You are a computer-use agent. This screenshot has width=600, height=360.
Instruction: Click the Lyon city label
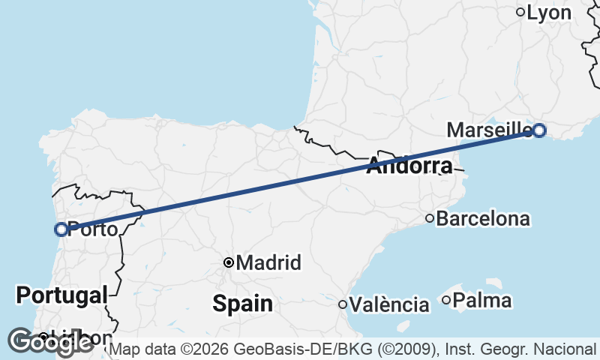point(549,13)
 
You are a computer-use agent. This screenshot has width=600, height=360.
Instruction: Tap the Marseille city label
point(488,130)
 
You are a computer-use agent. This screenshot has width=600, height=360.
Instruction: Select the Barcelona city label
point(483,219)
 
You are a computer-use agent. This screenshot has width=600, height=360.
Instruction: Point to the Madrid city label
point(268,263)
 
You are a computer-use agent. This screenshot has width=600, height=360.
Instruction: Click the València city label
point(389,305)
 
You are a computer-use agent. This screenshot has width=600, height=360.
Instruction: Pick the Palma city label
point(483,301)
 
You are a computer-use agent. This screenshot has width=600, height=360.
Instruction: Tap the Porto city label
point(92,229)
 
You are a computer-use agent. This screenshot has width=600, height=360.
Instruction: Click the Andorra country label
point(409,166)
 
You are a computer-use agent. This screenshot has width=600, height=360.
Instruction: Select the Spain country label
point(242,304)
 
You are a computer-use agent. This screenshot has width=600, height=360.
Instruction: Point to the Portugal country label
point(61,295)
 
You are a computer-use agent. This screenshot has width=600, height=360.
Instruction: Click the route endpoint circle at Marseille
point(538,130)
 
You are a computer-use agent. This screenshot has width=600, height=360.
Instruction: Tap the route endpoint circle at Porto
point(61,229)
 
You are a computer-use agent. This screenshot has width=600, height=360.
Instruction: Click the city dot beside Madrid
point(229,262)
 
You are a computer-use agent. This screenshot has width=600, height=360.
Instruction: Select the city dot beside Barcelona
point(430,218)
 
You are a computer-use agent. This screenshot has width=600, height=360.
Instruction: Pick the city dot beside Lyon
point(520,12)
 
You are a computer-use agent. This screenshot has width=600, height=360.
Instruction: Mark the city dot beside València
point(343,304)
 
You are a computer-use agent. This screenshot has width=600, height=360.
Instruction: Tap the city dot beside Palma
point(446,301)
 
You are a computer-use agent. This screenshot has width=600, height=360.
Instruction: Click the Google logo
point(49,342)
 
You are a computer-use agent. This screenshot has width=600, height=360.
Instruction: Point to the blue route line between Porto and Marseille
point(300,180)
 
